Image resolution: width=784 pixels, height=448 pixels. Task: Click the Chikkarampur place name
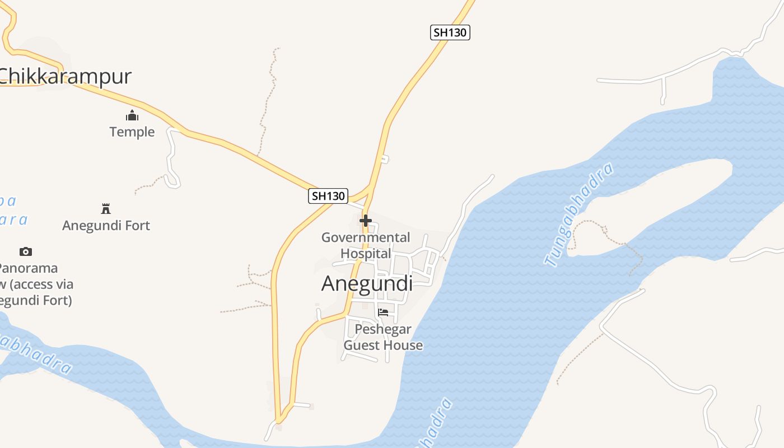click(x=66, y=76)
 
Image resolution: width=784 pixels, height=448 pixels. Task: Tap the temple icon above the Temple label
click(x=132, y=116)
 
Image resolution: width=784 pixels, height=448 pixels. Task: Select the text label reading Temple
click(x=132, y=132)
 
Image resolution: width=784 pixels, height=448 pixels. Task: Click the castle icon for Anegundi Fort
click(x=105, y=209)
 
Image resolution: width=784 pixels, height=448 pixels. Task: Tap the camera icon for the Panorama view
click(x=25, y=251)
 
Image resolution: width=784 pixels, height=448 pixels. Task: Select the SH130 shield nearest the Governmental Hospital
click(x=328, y=196)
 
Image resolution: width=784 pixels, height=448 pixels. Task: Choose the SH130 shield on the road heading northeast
click(x=450, y=32)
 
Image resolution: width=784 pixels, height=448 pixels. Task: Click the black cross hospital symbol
click(x=366, y=221)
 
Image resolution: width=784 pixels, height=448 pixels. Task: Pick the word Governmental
click(x=366, y=237)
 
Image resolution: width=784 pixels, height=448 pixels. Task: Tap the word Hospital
click(x=366, y=253)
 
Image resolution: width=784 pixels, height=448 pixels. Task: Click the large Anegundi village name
click(x=367, y=283)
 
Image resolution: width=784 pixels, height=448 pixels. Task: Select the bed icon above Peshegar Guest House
click(x=383, y=312)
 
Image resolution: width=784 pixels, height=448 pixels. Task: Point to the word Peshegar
click(x=383, y=329)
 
